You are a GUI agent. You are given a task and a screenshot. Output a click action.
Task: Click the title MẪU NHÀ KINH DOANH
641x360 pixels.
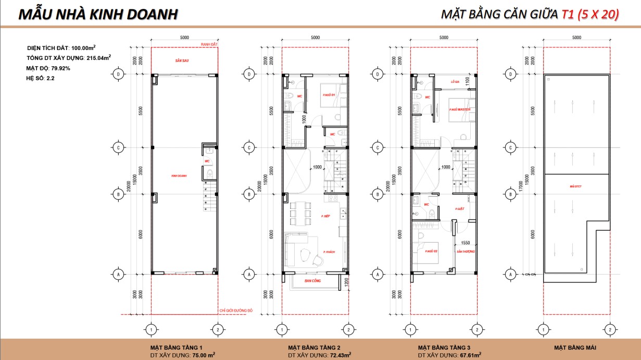(98, 14)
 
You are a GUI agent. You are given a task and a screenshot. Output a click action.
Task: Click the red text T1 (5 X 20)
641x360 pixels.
(590, 15)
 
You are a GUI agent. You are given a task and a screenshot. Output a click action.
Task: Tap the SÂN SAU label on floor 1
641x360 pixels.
(181, 61)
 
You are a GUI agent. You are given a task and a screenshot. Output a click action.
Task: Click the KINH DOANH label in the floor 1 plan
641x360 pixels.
(179, 176)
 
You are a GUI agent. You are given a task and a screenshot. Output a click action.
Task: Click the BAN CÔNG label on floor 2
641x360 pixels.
(312, 281)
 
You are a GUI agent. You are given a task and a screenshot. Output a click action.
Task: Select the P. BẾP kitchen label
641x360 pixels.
(326, 216)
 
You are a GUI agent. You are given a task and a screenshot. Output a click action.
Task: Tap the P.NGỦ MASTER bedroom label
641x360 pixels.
(459, 109)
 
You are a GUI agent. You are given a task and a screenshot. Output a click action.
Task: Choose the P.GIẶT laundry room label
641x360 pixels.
(459, 208)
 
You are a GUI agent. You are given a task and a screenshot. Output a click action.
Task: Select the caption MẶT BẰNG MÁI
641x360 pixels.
(575, 347)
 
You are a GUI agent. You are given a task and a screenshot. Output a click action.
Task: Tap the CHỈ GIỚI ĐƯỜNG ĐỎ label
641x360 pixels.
(236, 311)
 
